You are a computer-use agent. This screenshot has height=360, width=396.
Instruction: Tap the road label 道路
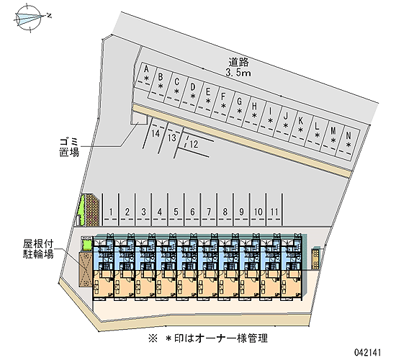(x=238, y=62)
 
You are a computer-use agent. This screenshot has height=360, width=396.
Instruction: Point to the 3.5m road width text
(x=238, y=73)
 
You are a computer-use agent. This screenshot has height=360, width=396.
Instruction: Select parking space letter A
(x=146, y=68)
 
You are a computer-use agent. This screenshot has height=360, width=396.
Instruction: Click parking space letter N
(x=348, y=136)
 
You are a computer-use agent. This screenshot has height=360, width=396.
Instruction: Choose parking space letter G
(x=239, y=102)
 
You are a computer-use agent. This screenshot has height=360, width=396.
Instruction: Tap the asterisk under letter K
(x=300, y=130)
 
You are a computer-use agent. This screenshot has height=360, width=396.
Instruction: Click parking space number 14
(x=156, y=133)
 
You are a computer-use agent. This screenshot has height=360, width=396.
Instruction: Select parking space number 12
(x=194, y=144)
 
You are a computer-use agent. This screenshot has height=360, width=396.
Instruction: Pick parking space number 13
(x=172, y=138)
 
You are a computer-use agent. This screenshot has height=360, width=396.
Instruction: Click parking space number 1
(x=111, y=212)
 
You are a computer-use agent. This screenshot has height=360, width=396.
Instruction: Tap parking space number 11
(x=274, y=212)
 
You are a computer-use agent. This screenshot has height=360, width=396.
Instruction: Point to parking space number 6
(x=192, y=212)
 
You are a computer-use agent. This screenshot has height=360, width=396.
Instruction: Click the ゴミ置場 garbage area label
(x=69, y=148)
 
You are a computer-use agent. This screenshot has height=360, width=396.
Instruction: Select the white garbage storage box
(x=139, y=117)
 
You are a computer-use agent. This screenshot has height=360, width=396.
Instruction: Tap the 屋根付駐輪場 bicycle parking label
(x=38, y=249)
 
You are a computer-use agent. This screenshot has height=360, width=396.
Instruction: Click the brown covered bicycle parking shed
(x=86, y=269)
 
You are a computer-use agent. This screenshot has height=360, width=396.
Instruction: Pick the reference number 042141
(x=367, y=352)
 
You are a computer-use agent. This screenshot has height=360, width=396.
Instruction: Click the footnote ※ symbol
(x=153, y=338)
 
